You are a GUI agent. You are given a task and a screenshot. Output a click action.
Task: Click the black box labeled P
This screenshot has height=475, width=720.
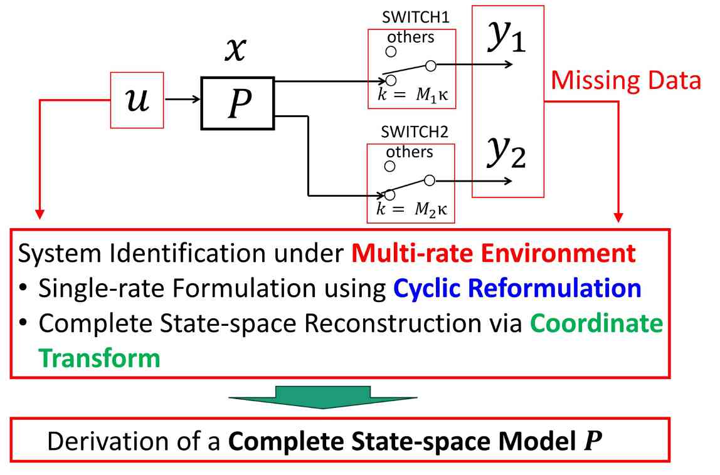(x=237, y=103)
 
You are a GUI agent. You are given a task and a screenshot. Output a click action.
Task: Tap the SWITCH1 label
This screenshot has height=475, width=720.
(x=411, y=17)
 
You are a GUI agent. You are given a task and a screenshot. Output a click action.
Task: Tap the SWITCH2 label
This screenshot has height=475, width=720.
(x=411, y=133)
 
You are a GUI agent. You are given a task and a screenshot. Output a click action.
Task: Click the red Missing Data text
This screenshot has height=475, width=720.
(x=625, y=81)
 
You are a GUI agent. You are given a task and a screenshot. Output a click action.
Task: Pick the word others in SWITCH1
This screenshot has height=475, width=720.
(x=411, y=37)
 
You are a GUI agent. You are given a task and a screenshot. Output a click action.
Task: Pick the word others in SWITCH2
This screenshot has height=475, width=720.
(x=410, y=152)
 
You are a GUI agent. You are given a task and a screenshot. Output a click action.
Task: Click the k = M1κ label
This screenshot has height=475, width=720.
(x=411, y=97)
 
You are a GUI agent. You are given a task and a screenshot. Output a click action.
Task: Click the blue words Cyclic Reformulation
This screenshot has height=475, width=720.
(x=517, y=289)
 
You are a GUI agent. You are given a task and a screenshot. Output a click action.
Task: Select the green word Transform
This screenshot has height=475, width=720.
(x=99, y=358)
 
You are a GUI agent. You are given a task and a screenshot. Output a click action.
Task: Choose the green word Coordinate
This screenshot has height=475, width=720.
(x=595, y=324)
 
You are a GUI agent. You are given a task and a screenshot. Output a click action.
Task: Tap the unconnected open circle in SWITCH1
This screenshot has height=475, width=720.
(x=390, y=51)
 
